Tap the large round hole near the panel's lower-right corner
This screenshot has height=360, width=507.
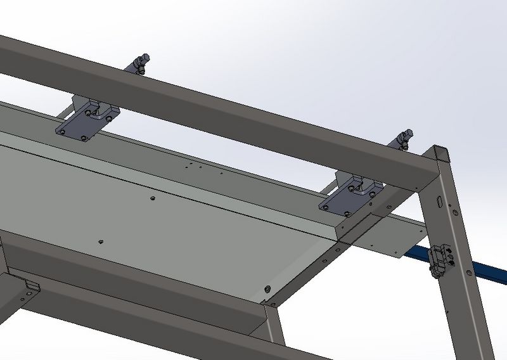(266, 288)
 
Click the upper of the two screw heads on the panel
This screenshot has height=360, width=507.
(153, 198)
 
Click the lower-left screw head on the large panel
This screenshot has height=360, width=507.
(101, 241)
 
